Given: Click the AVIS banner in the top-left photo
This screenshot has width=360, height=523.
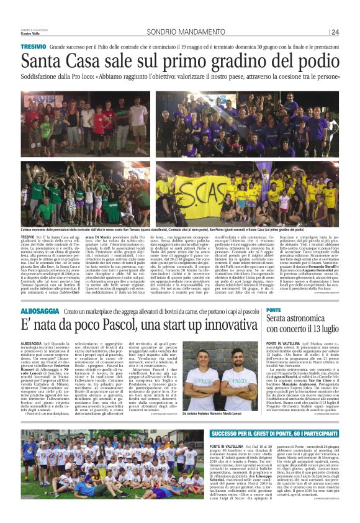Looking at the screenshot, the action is click(37, 100).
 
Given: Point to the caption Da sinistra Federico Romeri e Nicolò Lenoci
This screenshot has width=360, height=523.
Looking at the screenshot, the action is click(220, 412).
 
